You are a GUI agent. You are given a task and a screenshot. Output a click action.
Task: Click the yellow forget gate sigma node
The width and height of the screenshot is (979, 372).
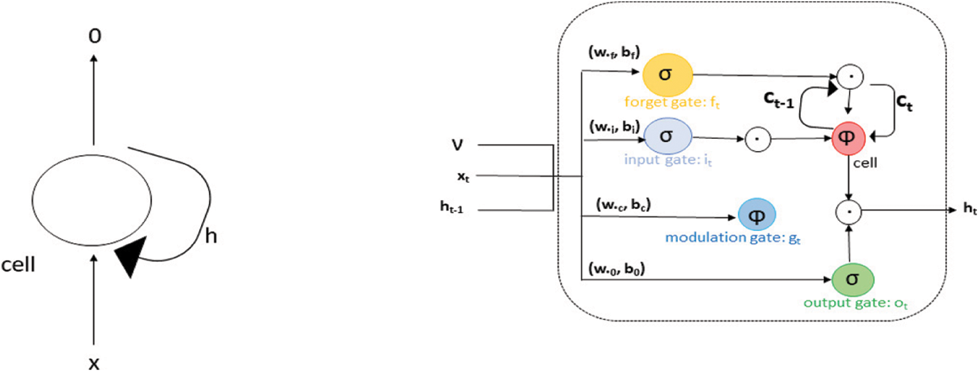pos(668,74)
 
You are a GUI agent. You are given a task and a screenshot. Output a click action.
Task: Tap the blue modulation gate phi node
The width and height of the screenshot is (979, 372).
pos(757,216)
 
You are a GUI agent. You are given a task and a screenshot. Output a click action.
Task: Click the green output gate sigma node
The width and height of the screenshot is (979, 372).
pos(853,279)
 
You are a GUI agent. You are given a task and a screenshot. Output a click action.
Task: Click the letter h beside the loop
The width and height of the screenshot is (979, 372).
pos(211,236)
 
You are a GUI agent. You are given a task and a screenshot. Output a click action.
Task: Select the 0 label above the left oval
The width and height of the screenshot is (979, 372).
pos(94,38)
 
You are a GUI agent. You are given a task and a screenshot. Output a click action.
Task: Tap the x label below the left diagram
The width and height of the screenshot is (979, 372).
pos(94,362)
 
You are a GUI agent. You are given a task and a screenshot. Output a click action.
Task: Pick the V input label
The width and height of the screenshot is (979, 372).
pos(458,144)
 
